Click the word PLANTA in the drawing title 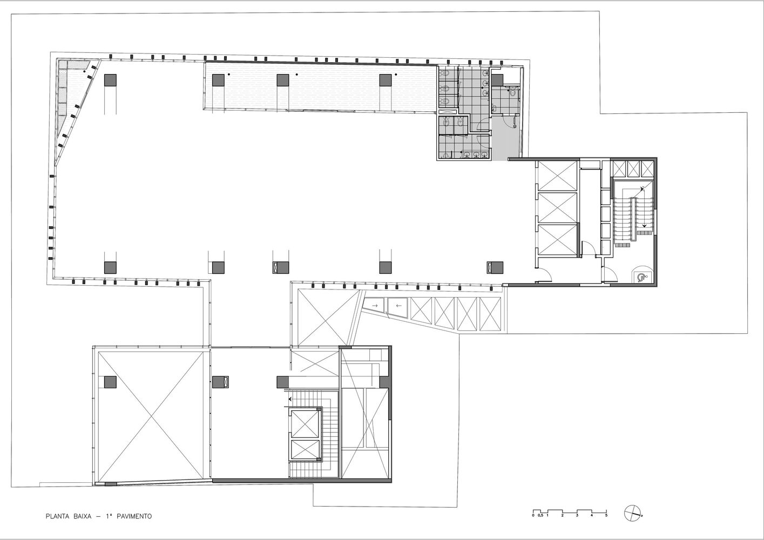[x=57, y=516]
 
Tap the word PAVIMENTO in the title [x=134, y=516]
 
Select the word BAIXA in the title [x=82, y=516]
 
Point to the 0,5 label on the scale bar [x=540, y=525]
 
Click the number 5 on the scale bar [x=606, y=525]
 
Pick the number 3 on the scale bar [x=577, y=525]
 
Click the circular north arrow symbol [x=632, y=523]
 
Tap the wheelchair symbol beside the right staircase [x=641, y=277]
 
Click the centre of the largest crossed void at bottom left [x=151, y=416]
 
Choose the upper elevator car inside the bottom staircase [x=305, y=424]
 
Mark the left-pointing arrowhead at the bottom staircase [x=290, y=399]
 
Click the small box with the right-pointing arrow [x=374, y=306]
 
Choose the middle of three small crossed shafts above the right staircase [x=633, y=168]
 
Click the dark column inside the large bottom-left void [x=110, y=382]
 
